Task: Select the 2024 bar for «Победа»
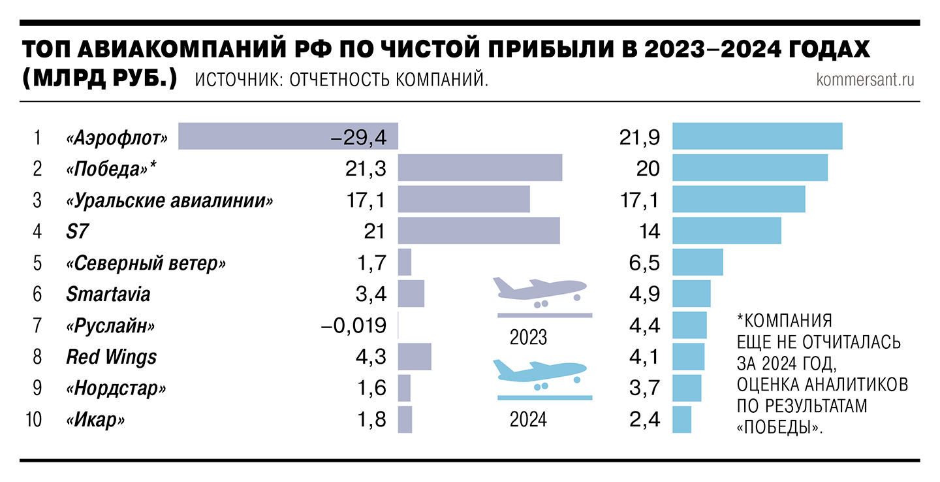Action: [x=750, y=168]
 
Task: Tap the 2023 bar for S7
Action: [x=478, y=231]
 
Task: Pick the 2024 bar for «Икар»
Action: [x=681, y=419]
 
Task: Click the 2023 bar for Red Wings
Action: [x=415, y=357]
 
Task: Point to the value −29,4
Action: [x=358, y=137]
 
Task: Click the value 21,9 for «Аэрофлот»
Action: [x=639, y=137]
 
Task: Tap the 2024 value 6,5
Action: [x=643, y=263]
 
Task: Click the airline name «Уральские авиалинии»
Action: [x=170, y=200]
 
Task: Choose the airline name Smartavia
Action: [x=108, y=294]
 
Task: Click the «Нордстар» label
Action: [x=116, y=389]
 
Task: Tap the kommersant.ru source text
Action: [x=865, y=80]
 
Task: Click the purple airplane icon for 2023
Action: [x=539, y=291]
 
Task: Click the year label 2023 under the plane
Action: [x=528, y=338]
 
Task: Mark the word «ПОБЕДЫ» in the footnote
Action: [x=779, y=428]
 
